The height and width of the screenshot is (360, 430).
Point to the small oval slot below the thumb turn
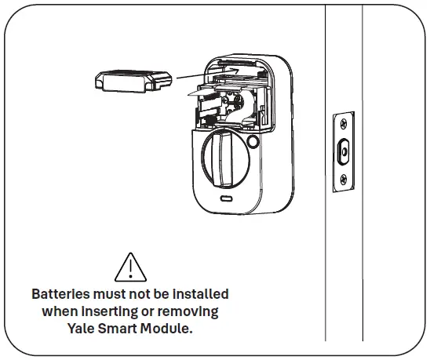[224, 200]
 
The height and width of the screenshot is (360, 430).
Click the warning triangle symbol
[130, 267]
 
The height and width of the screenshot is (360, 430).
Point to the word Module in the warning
[166, 329]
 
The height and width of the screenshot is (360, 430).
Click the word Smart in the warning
[120, 329]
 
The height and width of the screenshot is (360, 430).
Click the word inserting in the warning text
[107, 311]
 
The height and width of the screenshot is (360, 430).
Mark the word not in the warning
[136, 294]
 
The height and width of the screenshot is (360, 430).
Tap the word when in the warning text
[59, 311]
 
